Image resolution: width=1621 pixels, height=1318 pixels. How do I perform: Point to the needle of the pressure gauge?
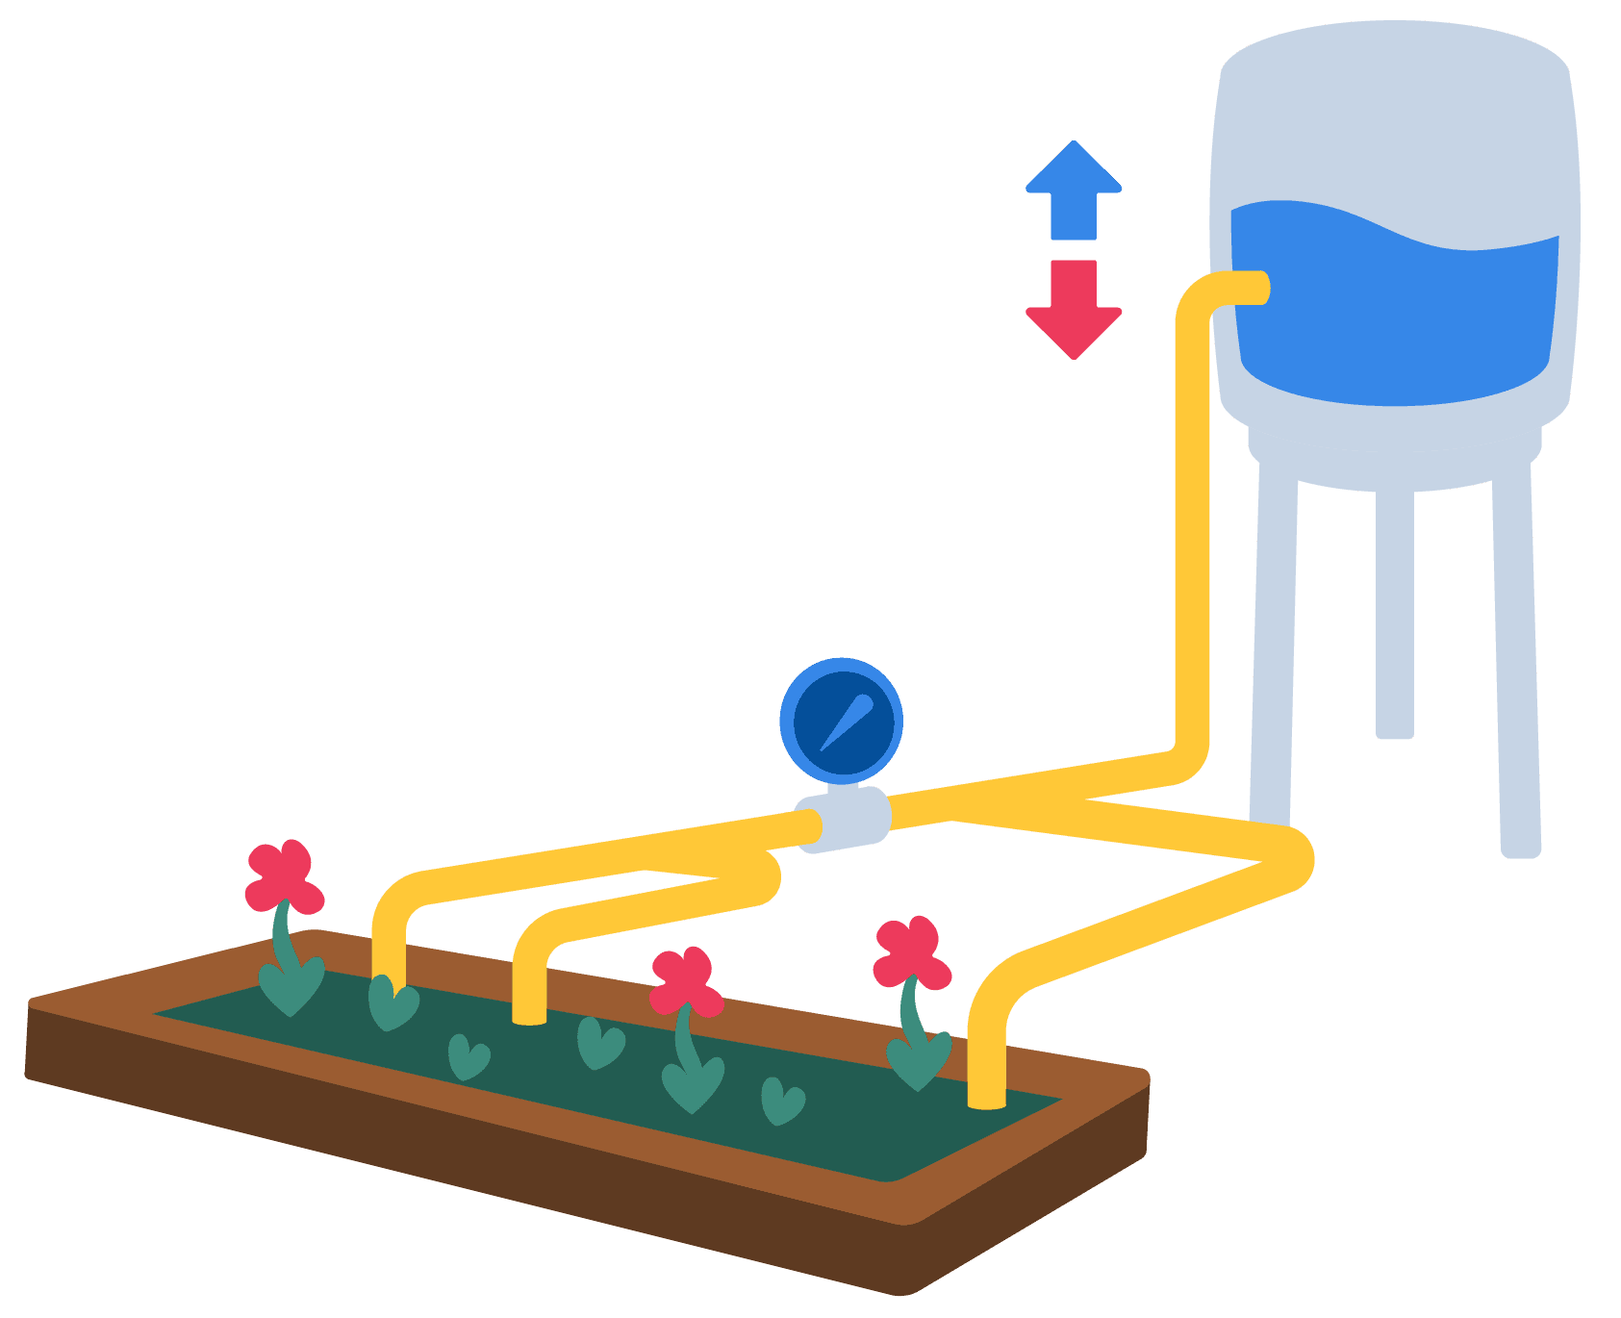point(847,722)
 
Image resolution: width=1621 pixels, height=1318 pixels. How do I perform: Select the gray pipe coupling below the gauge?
point(843,819)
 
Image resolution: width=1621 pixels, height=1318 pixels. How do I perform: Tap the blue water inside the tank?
point(1395,308)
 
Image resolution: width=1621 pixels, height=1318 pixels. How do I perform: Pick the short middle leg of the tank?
point(1394,616)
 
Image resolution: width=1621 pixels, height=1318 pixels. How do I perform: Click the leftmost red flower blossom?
point(283,876)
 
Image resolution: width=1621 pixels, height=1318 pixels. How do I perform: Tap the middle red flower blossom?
point(686,981)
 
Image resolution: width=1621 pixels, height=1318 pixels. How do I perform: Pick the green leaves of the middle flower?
point(693,1082)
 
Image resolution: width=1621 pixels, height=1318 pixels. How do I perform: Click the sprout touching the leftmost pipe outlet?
point(391,1006)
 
